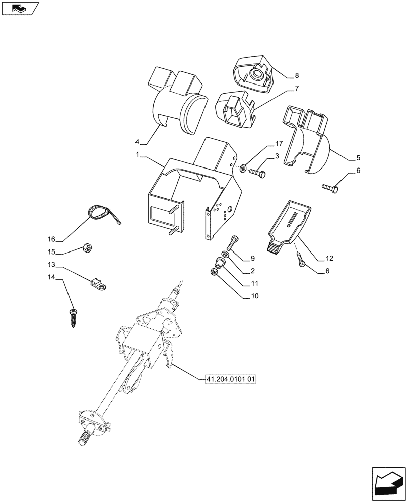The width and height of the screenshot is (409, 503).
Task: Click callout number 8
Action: point(296,76)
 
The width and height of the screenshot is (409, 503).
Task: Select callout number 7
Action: point(296,89)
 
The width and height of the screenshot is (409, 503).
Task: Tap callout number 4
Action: point(137,143)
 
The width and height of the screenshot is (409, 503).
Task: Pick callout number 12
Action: point(329,259)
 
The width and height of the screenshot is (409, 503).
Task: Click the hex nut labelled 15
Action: point(86,248)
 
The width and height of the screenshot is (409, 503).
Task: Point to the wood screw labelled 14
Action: point(74,317)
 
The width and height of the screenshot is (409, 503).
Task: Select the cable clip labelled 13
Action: point(101,286)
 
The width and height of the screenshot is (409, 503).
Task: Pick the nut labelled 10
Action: point(214,272)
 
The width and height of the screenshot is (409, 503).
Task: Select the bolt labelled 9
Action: point(233,243)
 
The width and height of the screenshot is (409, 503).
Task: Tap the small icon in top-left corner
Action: point(20,8)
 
